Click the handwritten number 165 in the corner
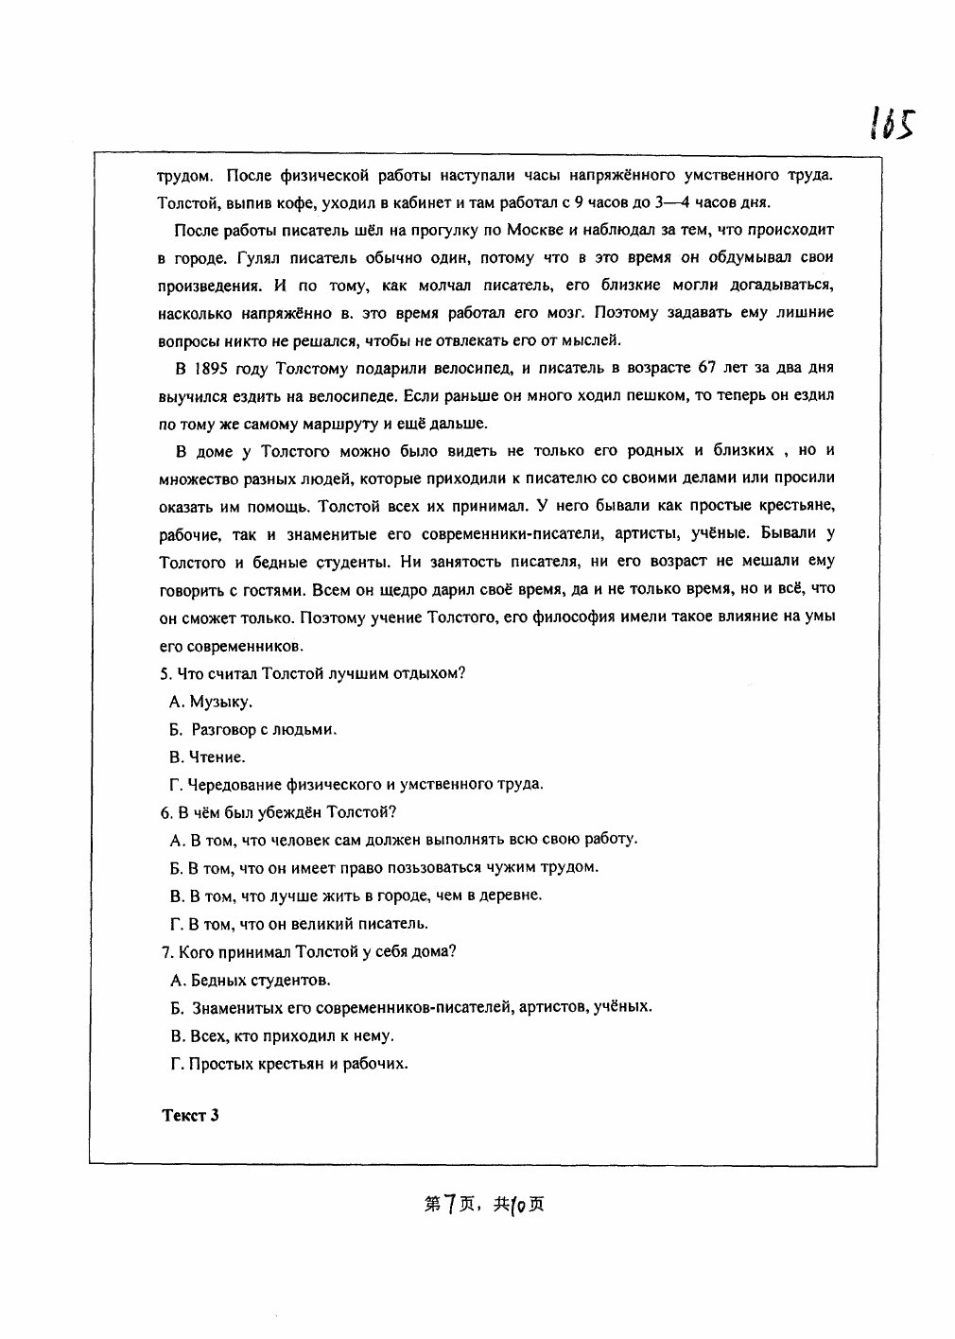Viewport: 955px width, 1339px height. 890,122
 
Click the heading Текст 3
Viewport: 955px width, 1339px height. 190,1115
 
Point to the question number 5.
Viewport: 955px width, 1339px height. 165,674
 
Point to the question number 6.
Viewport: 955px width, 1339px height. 165,812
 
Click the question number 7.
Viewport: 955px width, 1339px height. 165,951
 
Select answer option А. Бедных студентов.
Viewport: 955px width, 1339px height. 250,980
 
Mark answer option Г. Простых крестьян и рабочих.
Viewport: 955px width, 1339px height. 288,1063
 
